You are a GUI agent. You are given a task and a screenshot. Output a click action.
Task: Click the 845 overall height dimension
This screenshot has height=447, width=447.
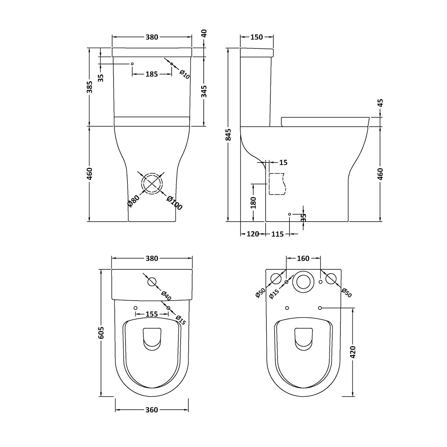click(228, 135)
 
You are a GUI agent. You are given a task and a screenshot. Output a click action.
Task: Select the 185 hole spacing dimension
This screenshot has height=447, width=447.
click(152, 74)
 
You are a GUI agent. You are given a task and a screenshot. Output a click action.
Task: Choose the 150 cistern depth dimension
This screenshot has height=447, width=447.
click(257, 37)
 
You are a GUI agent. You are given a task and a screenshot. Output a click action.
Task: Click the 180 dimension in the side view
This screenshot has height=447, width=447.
click(253, 202)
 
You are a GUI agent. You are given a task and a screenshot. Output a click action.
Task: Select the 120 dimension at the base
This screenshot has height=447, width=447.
click(253, 234)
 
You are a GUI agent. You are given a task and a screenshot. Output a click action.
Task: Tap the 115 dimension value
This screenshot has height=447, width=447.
click(278, 234)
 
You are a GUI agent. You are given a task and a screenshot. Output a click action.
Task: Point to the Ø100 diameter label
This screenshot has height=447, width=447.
click(174, 203)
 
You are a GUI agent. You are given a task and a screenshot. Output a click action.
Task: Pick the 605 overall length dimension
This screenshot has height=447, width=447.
click(101, 333)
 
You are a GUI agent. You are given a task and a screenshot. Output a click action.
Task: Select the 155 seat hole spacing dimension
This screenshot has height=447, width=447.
click(152, 314)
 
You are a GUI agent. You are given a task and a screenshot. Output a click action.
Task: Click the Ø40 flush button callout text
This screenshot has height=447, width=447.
click(166, 296)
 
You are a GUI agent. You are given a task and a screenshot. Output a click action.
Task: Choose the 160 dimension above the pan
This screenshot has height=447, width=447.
click(303, 259)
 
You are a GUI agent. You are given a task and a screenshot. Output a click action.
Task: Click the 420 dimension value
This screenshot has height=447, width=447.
click(353, 352)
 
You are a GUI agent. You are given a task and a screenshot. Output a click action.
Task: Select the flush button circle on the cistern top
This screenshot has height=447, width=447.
click(152, 282)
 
